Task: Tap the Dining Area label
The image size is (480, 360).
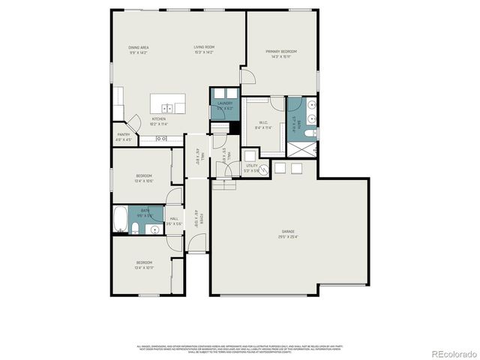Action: pos(138,49)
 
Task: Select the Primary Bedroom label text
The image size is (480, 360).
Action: pos(281,53)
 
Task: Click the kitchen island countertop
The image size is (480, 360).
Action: pos(166,103)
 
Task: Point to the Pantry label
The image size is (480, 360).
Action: pos(123,136)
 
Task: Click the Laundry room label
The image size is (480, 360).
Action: pos(225,105)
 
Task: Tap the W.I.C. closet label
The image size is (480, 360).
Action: pos(263,124)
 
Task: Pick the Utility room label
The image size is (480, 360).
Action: pos(252,167)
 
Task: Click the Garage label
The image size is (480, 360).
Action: pos(289,234)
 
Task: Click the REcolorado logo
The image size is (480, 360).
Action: pos(452,353)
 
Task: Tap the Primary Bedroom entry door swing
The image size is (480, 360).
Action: pos(247,77)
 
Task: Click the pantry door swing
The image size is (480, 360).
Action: pos(134,123)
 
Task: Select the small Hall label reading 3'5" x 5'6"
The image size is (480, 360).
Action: pos(173,220)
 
